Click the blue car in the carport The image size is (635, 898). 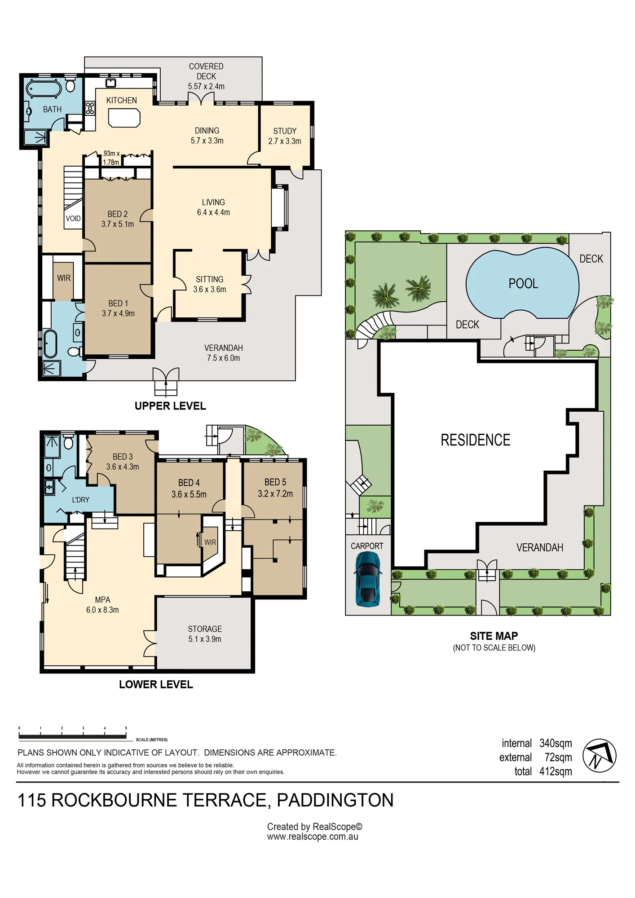click(x=368, y=579)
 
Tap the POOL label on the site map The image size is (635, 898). click(x=523, y=284)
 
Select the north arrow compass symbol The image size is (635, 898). click(x=599, y=756)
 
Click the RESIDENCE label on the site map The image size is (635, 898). click(x=475, y=440)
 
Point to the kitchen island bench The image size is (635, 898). click(x=124, y=118)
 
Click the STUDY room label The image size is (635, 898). click(x=285, y=131)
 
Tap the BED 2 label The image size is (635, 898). click(x=117, y=214)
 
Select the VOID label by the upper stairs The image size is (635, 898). click(x=73, y=219)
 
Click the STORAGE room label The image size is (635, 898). click(x=205, y=629)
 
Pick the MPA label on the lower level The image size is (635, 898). click(x=102, y=600)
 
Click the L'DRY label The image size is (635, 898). click(x=80, y=500)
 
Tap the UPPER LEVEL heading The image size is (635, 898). click(x=170, y=406)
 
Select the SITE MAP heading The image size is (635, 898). click(x=494, y=636)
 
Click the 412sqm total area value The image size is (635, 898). click(x=556, y=771)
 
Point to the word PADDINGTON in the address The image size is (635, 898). click(x=335, y=800)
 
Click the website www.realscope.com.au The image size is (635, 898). click(x=313, y=837)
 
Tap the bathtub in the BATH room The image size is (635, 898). click(x=44, y=88)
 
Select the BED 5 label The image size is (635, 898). click(x=275, y=482)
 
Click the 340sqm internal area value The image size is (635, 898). click(x=556, y=743)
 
